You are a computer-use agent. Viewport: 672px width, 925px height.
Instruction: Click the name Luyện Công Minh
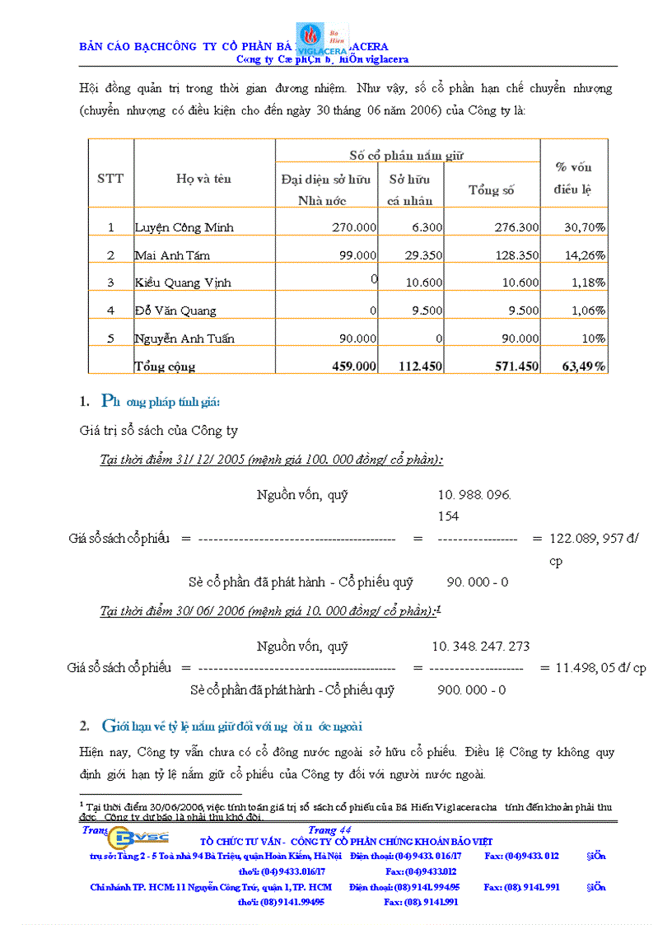pyautogui.click(x=174, y=227)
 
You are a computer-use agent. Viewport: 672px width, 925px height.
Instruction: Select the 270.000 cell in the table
pyautogui.click(x=354, y=227)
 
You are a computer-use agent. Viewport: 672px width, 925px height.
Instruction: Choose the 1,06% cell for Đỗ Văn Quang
pyautogui.click(x=586, y=311)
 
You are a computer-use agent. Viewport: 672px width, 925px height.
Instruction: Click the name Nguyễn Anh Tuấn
pyautogui.click(x=181, y=339)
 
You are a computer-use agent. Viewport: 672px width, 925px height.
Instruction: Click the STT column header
pyautogui.click(x=110, y=178)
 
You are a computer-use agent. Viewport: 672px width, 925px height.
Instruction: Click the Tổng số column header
pyautogui.click(x=491, y=190)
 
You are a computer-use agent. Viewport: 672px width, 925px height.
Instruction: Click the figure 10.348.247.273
pyautogui.click(x=481, y=647)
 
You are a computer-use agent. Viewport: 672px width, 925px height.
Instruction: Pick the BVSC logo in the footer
pyautogui.click(x=141, y=837)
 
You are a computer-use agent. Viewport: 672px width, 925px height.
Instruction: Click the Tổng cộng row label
pyautogui.click(x=165, y=367)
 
